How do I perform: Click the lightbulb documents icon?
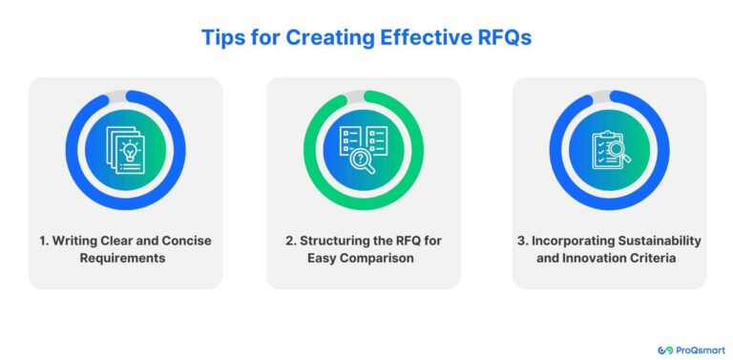point(125,149)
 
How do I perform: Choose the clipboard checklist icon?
point(610,149)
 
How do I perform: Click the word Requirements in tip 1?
point(125,258)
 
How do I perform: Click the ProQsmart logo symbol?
point(665,350)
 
